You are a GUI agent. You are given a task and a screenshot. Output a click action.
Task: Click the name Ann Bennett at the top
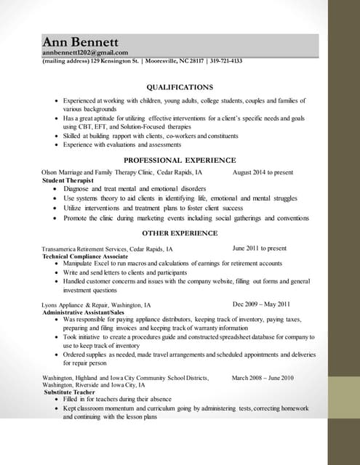[80, 41]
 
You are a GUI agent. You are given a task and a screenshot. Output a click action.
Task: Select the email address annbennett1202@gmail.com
[85, 52]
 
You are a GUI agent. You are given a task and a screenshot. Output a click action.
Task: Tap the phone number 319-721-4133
[226, 61]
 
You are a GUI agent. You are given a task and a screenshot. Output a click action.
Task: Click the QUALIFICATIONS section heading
[180, 86]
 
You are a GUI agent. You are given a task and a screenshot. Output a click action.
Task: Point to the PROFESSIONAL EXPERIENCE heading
[180, 160]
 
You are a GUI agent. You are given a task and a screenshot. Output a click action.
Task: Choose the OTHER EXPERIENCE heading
[180, 233]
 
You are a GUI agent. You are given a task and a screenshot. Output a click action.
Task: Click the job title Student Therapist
[68, 179]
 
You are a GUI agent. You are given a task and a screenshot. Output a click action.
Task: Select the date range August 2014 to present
[263, 172]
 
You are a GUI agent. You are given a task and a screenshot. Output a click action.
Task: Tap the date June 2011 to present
[259, 248]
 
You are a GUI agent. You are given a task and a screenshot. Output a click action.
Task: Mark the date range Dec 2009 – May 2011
[261, 304]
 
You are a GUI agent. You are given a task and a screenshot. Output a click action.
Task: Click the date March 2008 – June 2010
[263, 378]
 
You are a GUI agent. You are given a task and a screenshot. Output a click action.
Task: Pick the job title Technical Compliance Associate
[85, 256]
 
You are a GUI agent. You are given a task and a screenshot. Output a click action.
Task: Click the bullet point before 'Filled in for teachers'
[57, 400]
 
